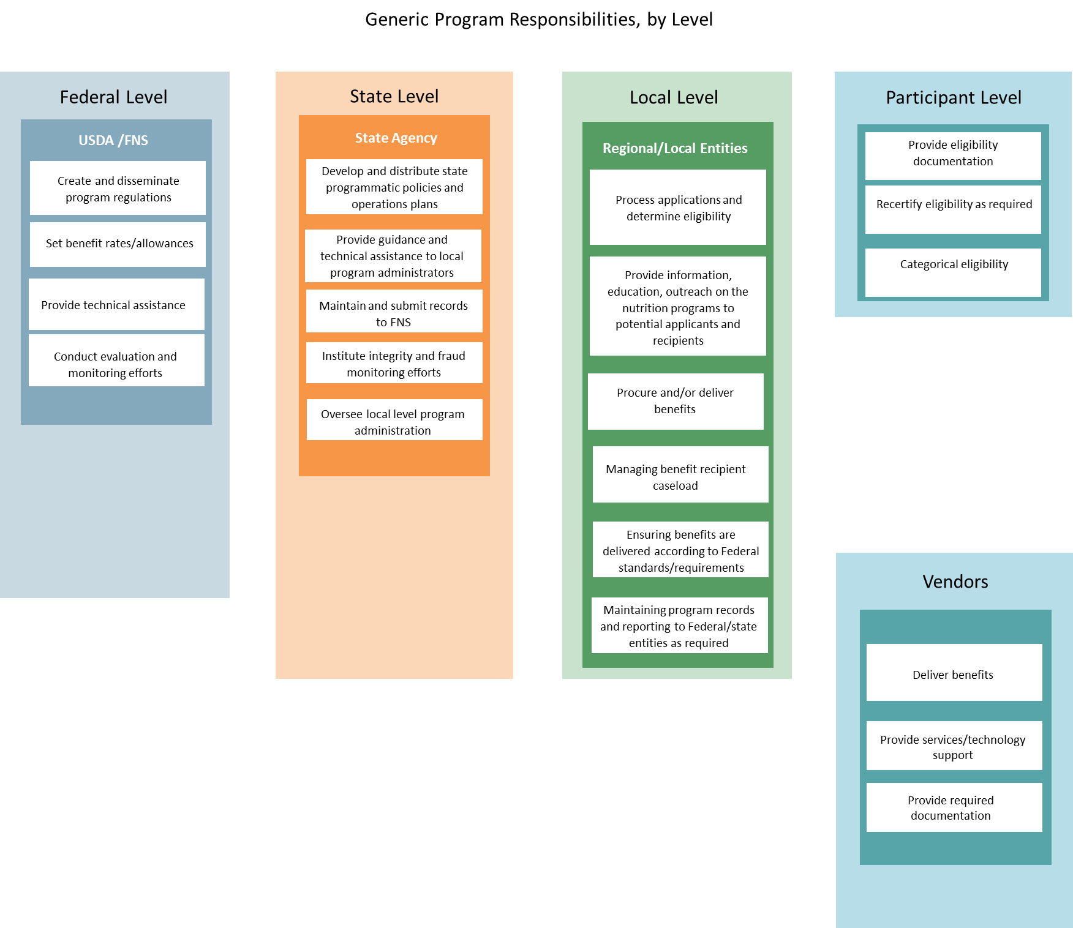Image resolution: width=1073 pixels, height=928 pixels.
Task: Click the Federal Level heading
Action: tap(113, 97)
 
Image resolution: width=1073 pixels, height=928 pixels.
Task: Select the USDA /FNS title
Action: tap(113, 140)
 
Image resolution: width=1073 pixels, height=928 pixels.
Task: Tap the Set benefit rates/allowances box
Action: tap(118, 244)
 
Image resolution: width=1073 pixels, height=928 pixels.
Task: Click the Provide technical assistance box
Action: tap(116, 305)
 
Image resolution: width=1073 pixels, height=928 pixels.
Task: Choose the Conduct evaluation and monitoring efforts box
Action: tap(116, 364)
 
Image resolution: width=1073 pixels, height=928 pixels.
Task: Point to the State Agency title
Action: tap(396, 138)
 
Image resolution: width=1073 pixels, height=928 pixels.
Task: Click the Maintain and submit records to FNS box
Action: tap(394, 313)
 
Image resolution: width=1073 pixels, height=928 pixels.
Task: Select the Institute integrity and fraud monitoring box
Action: tap(394, 364)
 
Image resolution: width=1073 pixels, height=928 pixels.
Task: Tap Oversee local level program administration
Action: tap(394, 422)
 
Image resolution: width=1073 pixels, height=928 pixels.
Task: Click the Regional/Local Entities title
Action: tap(675, 148)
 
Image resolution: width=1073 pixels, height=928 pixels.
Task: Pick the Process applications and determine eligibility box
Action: tap(678, 208)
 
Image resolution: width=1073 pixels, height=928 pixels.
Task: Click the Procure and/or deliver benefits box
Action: tap(676, 401)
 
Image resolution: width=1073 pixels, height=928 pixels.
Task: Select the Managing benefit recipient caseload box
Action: tap(680, 476)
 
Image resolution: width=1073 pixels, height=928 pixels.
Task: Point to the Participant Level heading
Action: tap(954, 98)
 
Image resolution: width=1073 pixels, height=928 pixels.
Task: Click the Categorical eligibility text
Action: tap(954, 264)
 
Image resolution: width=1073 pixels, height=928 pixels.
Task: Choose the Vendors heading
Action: tap(955, 582)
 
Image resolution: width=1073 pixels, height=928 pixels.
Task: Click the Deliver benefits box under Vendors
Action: tap(954, 674)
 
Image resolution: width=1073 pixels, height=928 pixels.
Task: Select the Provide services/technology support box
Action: tap(954, 746)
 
